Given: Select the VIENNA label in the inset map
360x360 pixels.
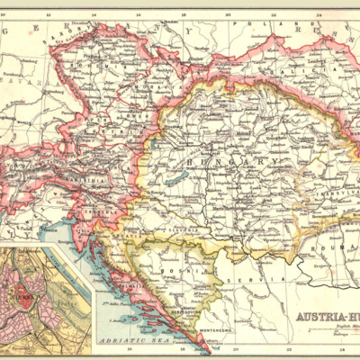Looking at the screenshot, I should [x=22, y=293].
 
